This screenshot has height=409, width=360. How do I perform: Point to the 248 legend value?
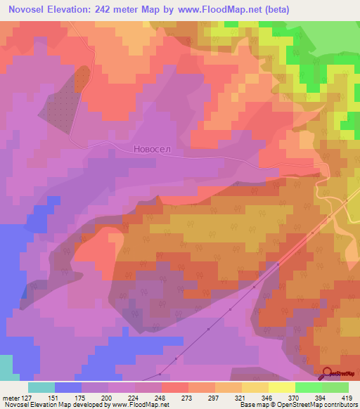(161, 397)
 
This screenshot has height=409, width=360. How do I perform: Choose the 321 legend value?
(241, 397)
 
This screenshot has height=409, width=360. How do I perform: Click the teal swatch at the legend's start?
(41, 387)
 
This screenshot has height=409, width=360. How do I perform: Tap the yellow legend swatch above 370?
(282, 387)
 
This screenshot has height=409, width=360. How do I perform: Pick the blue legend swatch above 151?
(68, 387)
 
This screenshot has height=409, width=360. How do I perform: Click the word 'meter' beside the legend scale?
(10, 397)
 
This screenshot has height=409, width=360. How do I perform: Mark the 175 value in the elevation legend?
(82, 397)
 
